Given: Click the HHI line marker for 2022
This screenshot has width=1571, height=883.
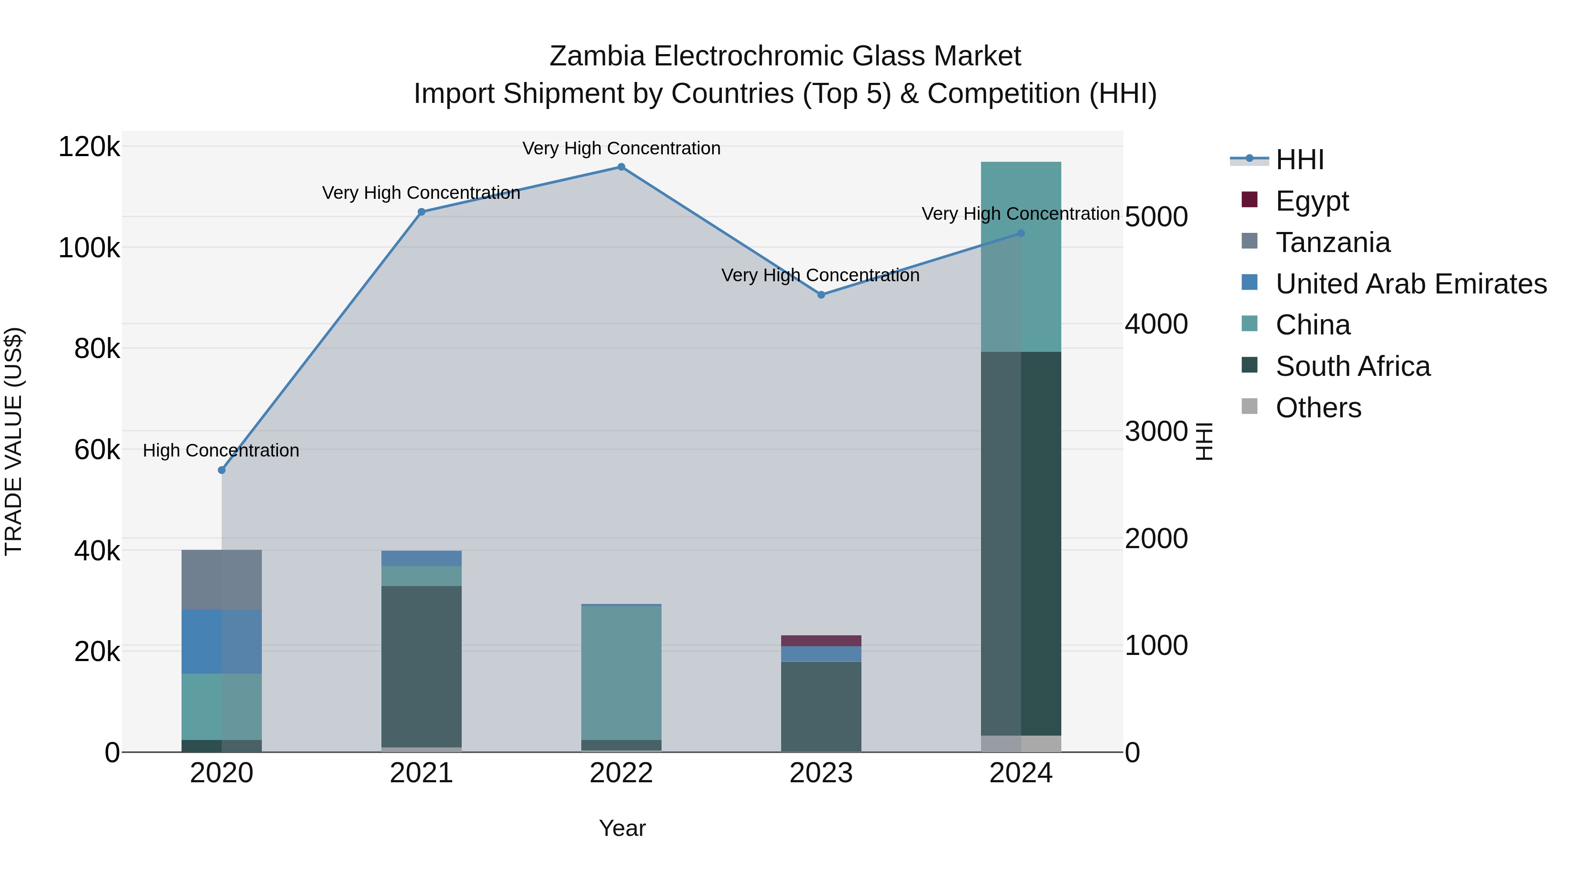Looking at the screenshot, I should click(621, 167).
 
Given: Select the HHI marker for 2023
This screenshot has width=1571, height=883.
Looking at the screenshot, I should click(821, 295).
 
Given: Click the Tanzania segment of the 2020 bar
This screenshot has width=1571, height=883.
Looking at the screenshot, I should click(221, 580).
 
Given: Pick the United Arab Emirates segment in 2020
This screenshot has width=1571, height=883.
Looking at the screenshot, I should click(221, 642).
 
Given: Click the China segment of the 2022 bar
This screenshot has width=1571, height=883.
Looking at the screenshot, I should click(621, 673).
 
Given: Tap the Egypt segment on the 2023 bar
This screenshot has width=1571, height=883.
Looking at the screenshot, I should click(821, 641).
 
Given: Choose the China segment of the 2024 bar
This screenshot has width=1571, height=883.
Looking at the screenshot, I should click(1021, 256).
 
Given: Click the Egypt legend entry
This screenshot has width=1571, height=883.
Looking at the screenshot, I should click(1312, 201).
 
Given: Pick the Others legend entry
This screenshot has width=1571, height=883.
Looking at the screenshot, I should click(1318, 408).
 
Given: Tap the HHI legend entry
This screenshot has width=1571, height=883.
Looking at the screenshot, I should click(1299, 160).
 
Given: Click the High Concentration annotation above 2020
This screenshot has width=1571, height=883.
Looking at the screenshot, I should click(221, 450).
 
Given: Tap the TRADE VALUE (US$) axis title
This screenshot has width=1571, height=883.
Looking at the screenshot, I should click(14, 441).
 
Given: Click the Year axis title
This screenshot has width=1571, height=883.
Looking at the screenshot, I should click(622, 828).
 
